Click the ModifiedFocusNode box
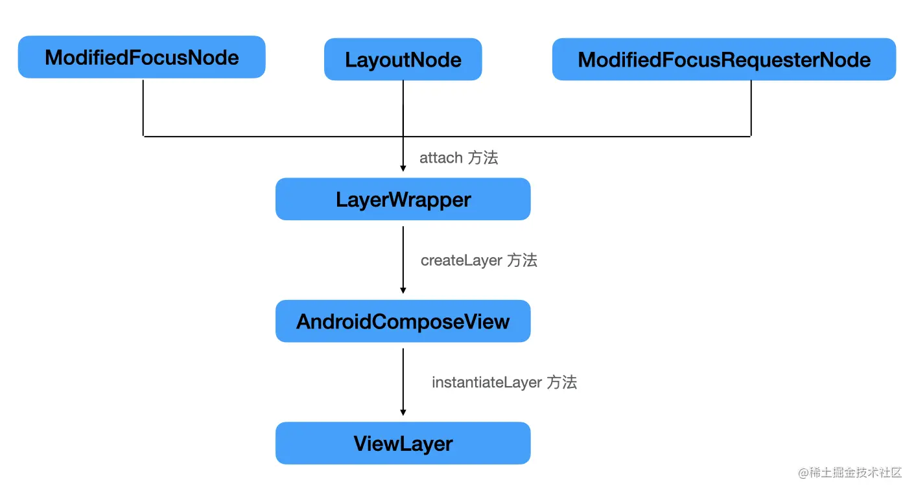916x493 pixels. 141,57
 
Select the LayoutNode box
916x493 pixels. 403,60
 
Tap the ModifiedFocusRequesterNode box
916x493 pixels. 723,60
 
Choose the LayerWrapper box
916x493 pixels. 403,199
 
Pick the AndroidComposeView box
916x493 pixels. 403,321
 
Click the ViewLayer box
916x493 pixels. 403,443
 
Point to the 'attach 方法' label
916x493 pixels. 458,157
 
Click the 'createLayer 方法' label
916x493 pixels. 478,260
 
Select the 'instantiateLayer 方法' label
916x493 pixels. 504,382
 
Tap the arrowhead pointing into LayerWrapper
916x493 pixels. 403,168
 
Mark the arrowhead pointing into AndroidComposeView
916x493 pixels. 403,290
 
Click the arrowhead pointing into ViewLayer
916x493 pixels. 403,412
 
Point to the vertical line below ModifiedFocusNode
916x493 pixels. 143,107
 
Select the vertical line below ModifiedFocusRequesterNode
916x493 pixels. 751,108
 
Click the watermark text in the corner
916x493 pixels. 850,472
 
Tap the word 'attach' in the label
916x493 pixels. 441,157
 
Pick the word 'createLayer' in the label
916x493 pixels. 461,260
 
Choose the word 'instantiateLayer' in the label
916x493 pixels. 486,382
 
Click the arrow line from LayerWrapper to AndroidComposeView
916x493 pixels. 403,256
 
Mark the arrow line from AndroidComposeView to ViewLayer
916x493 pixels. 403,379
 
